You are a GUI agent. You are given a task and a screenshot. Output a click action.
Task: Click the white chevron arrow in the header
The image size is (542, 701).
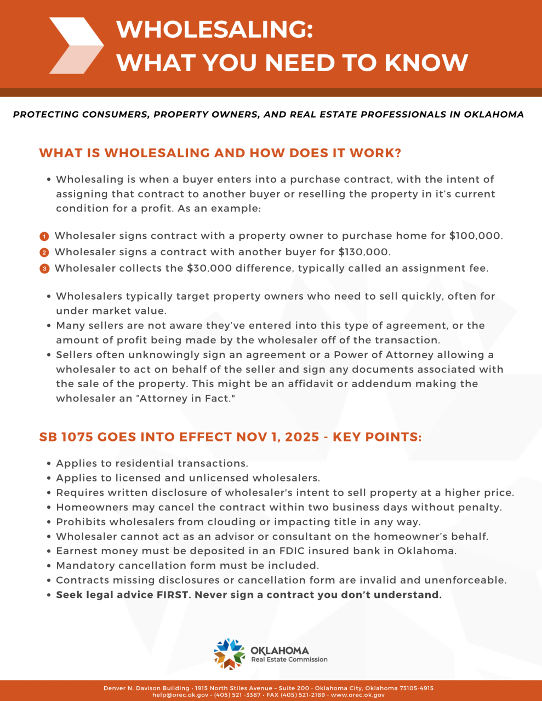[x=76, y=45]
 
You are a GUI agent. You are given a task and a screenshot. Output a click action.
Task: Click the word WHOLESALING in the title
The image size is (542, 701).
[x=214, y=29]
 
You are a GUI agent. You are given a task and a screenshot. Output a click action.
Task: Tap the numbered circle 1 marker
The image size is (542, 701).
[x=44, y=237]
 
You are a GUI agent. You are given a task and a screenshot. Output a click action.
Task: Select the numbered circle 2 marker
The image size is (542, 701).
[x=44, y=252]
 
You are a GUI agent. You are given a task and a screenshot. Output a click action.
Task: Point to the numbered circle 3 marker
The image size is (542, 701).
[x=44, y=269]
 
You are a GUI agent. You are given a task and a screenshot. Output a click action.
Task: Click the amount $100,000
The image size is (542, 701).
[x=475, y=236]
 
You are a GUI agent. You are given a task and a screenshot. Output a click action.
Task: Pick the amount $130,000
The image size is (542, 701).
[x=364, y=252]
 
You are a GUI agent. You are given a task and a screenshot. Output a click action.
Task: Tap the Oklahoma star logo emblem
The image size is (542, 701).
[x=229, y=653]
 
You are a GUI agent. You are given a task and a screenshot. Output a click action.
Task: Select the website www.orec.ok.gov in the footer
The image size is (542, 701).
[x=358, y=695]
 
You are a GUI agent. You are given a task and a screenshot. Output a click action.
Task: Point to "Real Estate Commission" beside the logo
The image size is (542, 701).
[x=289, y=659]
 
